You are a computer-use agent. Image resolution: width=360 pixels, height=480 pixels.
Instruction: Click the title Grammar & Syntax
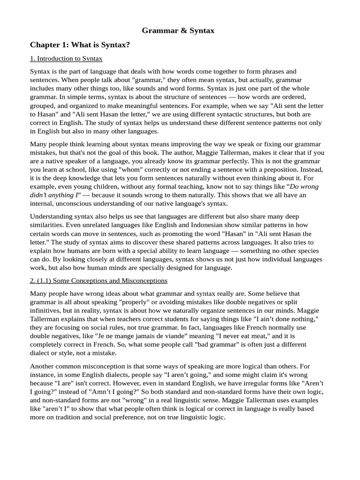coord(178,30)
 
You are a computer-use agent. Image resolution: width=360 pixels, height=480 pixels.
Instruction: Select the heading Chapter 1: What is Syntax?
coord(79,45)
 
